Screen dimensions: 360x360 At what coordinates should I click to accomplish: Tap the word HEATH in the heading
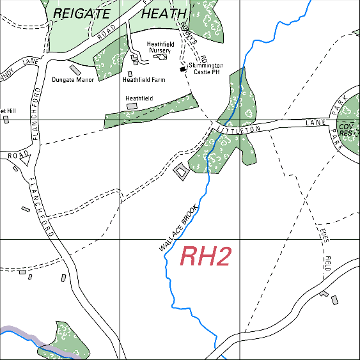tap(164, 13)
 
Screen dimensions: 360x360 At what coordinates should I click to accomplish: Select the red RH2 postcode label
tap(205, 256)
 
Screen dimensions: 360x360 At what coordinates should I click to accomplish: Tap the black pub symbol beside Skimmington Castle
tap(183, 68)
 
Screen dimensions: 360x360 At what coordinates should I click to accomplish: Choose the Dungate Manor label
tap(73, 80)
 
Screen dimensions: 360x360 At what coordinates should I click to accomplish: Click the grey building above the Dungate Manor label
tap(74, 68)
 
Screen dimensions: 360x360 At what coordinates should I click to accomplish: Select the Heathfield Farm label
tap(144, 80)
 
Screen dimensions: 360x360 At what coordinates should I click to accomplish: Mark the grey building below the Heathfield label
tap(132, 106)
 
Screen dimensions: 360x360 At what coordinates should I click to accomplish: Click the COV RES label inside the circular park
tap(347, 130)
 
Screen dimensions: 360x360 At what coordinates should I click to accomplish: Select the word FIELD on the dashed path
tap(327, 263)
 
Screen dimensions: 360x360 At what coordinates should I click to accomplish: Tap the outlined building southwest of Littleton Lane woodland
tap(181, 171)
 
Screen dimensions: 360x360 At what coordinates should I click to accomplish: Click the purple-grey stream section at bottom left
tap(19, 334)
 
